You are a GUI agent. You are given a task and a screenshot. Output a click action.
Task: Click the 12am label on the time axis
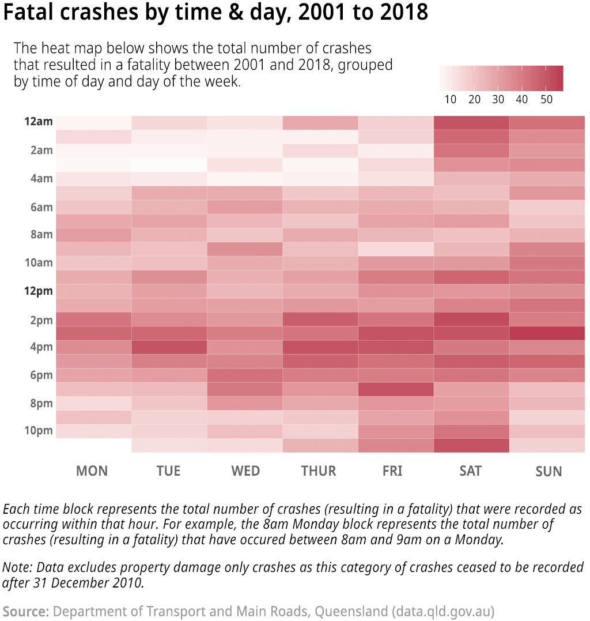click(38, 122)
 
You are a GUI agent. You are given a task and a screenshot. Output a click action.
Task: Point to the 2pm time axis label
click(41, 320)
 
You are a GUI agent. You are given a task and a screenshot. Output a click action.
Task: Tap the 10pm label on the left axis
click(39, 431)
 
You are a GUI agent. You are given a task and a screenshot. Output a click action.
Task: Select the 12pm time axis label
click(38, 291)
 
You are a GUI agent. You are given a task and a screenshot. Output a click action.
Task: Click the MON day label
click(92, 471)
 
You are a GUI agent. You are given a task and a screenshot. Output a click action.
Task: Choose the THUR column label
click(318, 471)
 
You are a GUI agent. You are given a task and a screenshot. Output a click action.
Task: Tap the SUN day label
click(548, 472)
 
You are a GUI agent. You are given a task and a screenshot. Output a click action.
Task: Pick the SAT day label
click(470, 471)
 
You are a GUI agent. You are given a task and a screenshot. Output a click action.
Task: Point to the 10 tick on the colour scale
click(451, 99)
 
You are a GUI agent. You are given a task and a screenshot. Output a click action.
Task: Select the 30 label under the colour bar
click(498, 99)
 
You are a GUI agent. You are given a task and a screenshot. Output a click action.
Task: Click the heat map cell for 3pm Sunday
click(547, 333)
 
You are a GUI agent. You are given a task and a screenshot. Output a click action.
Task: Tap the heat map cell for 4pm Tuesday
click(169, 347)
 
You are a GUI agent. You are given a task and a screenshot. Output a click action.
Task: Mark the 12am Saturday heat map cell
click(471, 122)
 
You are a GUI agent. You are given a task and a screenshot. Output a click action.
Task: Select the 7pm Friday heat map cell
click(395, 389)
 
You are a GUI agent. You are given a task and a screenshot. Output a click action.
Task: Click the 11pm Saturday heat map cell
click(471, 445)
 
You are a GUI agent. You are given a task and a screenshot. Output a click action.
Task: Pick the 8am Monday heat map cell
click(93, 235)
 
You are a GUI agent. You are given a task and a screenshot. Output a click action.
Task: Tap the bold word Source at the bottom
click(26, 611)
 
